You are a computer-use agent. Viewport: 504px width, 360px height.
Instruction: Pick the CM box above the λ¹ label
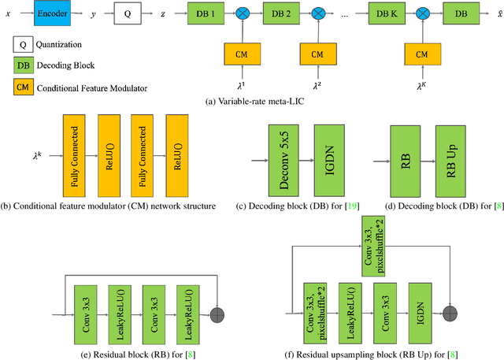(242, 54)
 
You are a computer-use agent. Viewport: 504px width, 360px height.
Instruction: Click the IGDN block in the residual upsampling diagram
(421, 313)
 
